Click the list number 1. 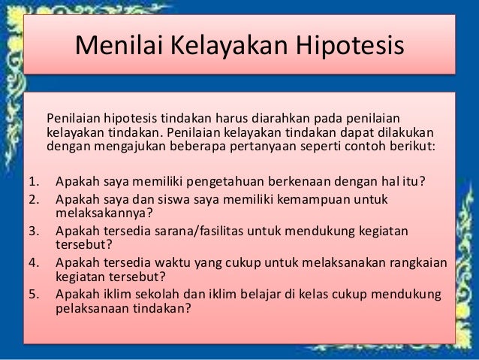pos(32,180)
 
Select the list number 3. pos(32,231)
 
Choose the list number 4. pos(32,263)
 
